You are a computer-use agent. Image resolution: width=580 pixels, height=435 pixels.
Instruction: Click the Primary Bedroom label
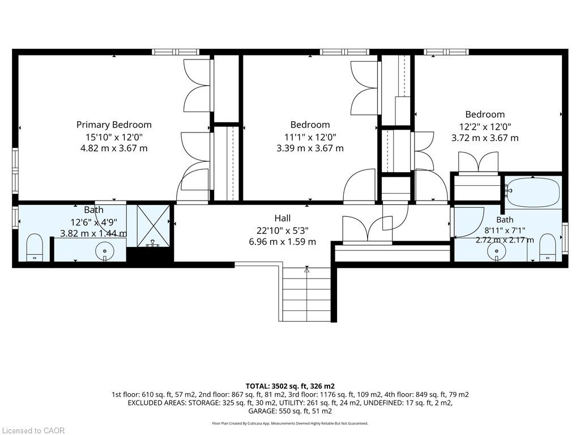click(x=114, y=125)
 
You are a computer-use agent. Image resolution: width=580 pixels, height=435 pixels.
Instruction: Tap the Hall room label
click(x=283, y=218)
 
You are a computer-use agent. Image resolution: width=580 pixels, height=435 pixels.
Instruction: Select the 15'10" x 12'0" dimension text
click(x=114, y=137)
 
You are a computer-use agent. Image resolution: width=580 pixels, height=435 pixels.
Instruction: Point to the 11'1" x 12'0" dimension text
click(x=310, y=137)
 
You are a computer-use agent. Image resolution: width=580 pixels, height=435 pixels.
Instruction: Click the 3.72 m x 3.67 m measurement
click(x=485, y=138)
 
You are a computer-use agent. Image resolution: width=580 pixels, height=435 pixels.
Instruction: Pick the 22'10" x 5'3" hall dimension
click(x=283, y=231)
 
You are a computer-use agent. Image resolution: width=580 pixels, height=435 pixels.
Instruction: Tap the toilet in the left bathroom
click(x=35, y=247)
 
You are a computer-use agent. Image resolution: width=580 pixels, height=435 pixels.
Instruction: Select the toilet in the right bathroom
click(x=548, y=247)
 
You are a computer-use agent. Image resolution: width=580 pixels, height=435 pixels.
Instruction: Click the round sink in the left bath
click(x=105, y=251)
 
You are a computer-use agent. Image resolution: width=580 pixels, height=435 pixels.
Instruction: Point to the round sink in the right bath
click(x=496, y=252)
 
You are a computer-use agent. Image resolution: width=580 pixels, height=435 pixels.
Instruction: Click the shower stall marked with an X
click(x=153, y=226)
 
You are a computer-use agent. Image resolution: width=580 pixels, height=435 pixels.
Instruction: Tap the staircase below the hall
click(x=306, y=294)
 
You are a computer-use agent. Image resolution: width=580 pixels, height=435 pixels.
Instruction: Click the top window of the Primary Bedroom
click(x=174, y=52)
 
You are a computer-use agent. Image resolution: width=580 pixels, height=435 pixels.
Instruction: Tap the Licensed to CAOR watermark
click(x=32, y=430)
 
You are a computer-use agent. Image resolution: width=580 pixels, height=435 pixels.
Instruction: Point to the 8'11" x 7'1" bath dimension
click(x=505, y=230)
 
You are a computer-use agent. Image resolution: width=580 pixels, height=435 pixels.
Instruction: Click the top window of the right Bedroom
click(x=446, y=52)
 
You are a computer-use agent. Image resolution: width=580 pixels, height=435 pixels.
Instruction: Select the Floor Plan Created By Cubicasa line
click(x=290, y=423)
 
